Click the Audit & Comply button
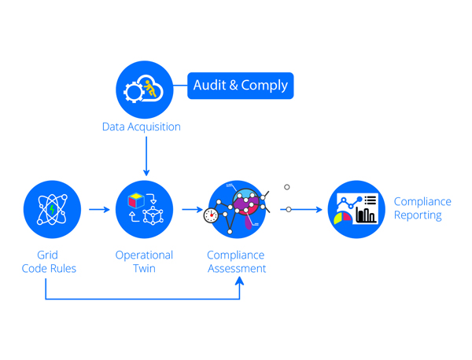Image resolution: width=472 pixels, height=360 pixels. [x=240, y=86]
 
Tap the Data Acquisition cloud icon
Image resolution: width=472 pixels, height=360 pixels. [x=145, y=90]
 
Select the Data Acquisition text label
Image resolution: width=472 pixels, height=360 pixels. [x=141, y=127]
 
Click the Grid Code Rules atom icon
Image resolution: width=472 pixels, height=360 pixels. [x=52, y=210]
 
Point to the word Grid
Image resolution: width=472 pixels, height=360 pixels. [x=47, y=255]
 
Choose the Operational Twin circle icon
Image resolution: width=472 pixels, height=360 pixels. [x=145, y=210]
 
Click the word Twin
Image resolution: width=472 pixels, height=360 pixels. [x=144, y=268]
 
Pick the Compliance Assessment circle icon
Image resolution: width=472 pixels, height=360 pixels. [x=237, y=210]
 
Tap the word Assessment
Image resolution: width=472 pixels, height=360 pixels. [x=237, y=268]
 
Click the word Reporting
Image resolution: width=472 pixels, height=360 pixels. [x=418, y=215]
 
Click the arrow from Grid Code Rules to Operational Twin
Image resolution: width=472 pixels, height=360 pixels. [x=99, y=210]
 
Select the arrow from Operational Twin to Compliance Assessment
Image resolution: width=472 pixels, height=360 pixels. [x=192, y=210]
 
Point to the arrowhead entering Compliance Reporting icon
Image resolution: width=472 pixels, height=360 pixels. [x=318, y=210]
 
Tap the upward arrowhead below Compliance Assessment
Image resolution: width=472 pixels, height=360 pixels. [x=239, y=280]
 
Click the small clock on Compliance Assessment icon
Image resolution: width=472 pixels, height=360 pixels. [x=211, y=215]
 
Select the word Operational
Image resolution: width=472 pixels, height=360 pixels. [x=145, y=255]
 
